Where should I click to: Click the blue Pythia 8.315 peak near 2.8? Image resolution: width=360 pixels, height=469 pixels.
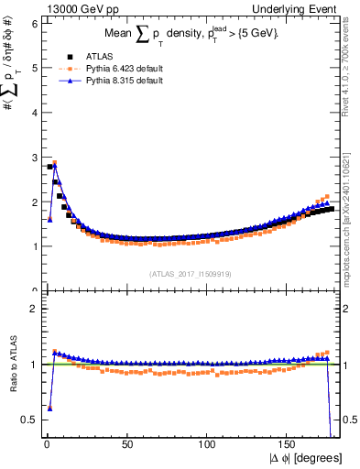55,166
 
